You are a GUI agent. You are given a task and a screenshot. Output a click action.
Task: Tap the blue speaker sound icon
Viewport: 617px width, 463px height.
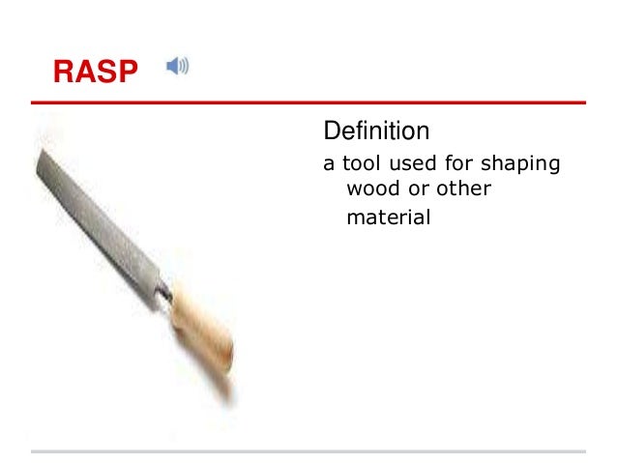coord(177,67)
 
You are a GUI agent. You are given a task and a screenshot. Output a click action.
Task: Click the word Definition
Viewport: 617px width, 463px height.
coord(376,130)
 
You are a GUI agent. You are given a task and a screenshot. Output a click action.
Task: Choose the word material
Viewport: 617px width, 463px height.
coord(388,217)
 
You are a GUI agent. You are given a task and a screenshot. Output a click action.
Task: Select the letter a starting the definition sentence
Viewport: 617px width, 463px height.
coord(328,163)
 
